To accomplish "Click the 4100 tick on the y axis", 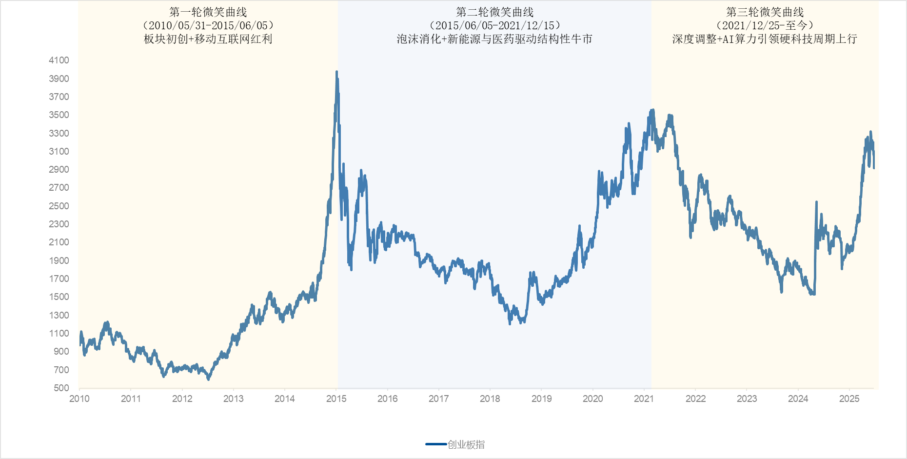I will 59,60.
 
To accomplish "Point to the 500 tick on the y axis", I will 61,388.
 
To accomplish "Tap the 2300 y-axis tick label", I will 59,224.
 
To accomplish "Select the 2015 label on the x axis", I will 336,399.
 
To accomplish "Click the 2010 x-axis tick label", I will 79,399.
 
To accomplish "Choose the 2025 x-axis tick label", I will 849,399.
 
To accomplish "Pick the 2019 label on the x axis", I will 541,399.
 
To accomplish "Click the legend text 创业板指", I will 466,444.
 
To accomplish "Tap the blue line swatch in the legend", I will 436,444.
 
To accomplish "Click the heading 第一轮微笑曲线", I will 208,12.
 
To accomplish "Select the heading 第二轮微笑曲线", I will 494,12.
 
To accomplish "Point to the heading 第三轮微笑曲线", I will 765,12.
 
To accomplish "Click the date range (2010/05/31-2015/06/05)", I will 208,25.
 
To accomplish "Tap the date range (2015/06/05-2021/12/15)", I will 494,25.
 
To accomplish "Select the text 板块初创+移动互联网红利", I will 208,39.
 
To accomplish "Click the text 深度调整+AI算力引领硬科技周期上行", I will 765,39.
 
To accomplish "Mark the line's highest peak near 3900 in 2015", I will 336,72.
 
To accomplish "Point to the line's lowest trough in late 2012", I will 208,379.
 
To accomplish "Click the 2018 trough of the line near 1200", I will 510,323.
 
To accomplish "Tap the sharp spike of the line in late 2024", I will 816,202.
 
